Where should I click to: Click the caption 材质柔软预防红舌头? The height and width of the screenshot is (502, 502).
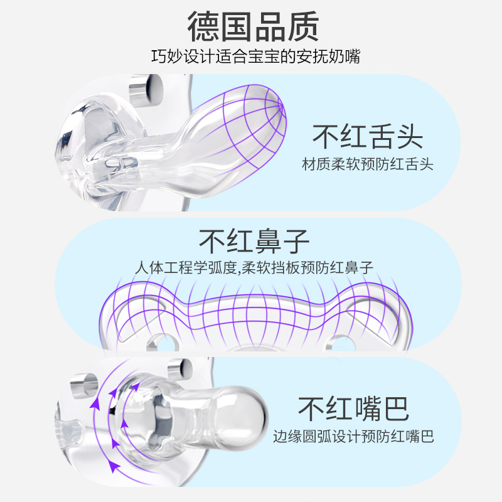point(368,165)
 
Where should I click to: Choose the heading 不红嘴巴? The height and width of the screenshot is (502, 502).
point(353,409)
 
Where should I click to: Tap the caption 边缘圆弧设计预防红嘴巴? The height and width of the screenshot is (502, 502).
point(353,436)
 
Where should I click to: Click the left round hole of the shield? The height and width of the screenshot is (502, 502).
point(161,343)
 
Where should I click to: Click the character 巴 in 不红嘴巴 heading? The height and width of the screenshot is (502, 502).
point(395,409)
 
